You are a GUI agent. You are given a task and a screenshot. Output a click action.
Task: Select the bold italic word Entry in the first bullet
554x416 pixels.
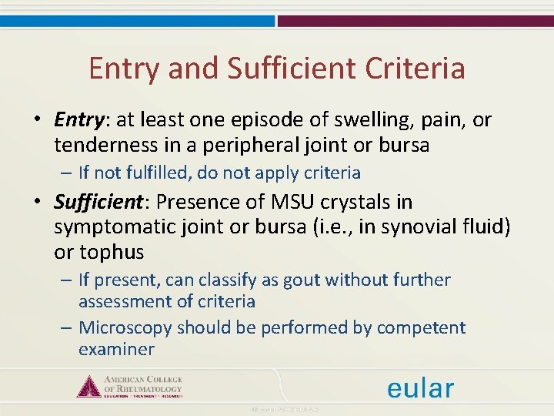pos(78,120)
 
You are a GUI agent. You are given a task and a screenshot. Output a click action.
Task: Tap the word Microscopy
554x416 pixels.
pos(125,327)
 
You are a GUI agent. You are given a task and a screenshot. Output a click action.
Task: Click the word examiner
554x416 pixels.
pos(116,349)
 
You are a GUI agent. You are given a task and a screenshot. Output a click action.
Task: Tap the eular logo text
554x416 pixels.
pos(420,387)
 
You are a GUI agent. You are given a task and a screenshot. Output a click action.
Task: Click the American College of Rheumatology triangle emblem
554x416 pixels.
pos(89,385)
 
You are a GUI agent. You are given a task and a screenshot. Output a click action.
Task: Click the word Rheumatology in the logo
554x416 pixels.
pos(151,389)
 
